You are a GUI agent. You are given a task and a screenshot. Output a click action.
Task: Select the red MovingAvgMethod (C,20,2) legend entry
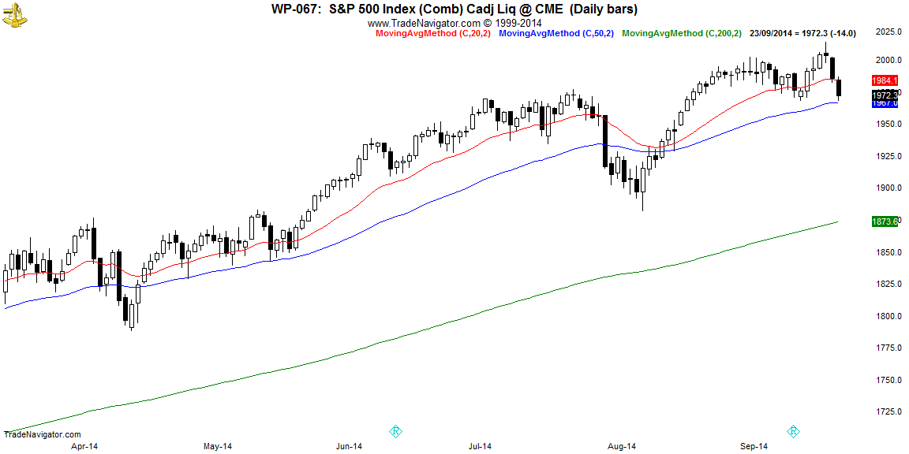[x=427, y=33]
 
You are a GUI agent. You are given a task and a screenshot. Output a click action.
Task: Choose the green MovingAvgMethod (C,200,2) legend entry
[x=681, y=33]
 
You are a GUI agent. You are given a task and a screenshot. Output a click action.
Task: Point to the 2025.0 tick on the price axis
[x=888, y=32]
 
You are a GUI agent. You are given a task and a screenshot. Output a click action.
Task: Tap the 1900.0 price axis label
[x=888, y=188]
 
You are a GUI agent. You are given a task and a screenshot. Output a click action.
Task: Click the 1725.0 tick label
[x=888, y=411]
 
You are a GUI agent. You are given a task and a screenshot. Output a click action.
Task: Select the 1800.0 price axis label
[x=888, y=315]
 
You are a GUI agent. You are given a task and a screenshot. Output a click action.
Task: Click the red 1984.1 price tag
[x=885, y=81]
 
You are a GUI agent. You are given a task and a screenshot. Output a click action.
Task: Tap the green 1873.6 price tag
[x=885, y=222]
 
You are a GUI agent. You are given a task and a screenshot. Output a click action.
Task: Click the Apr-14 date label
[x=84, y=446]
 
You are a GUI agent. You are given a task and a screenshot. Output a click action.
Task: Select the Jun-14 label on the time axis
[x=348, y=446]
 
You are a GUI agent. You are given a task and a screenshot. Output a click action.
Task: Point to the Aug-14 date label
[x=621, y=446]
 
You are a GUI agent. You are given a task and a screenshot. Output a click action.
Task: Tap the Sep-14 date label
[x=753, y=446]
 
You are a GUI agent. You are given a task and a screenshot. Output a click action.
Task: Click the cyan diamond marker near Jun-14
[x=396, y=431]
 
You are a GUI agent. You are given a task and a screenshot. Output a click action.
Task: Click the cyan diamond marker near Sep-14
[x=793, y=431]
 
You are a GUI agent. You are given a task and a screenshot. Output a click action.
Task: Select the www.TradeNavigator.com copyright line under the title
[x=454, y=23]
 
